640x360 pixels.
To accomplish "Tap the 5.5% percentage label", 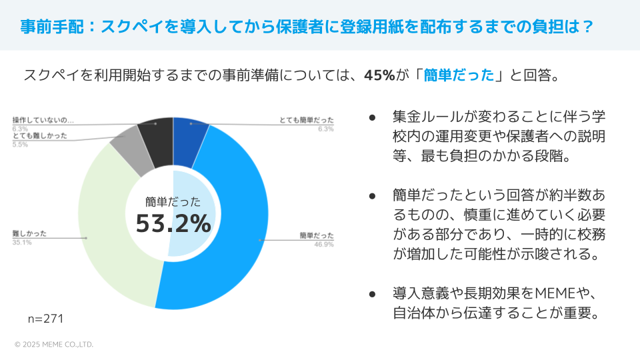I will pos(21,144).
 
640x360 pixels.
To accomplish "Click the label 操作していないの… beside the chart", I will pos(43,120).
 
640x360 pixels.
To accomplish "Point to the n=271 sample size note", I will pos(45,319).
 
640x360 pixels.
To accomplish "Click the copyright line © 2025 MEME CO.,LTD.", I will pos(53,345).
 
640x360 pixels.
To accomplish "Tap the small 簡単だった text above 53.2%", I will pos(173,202).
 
